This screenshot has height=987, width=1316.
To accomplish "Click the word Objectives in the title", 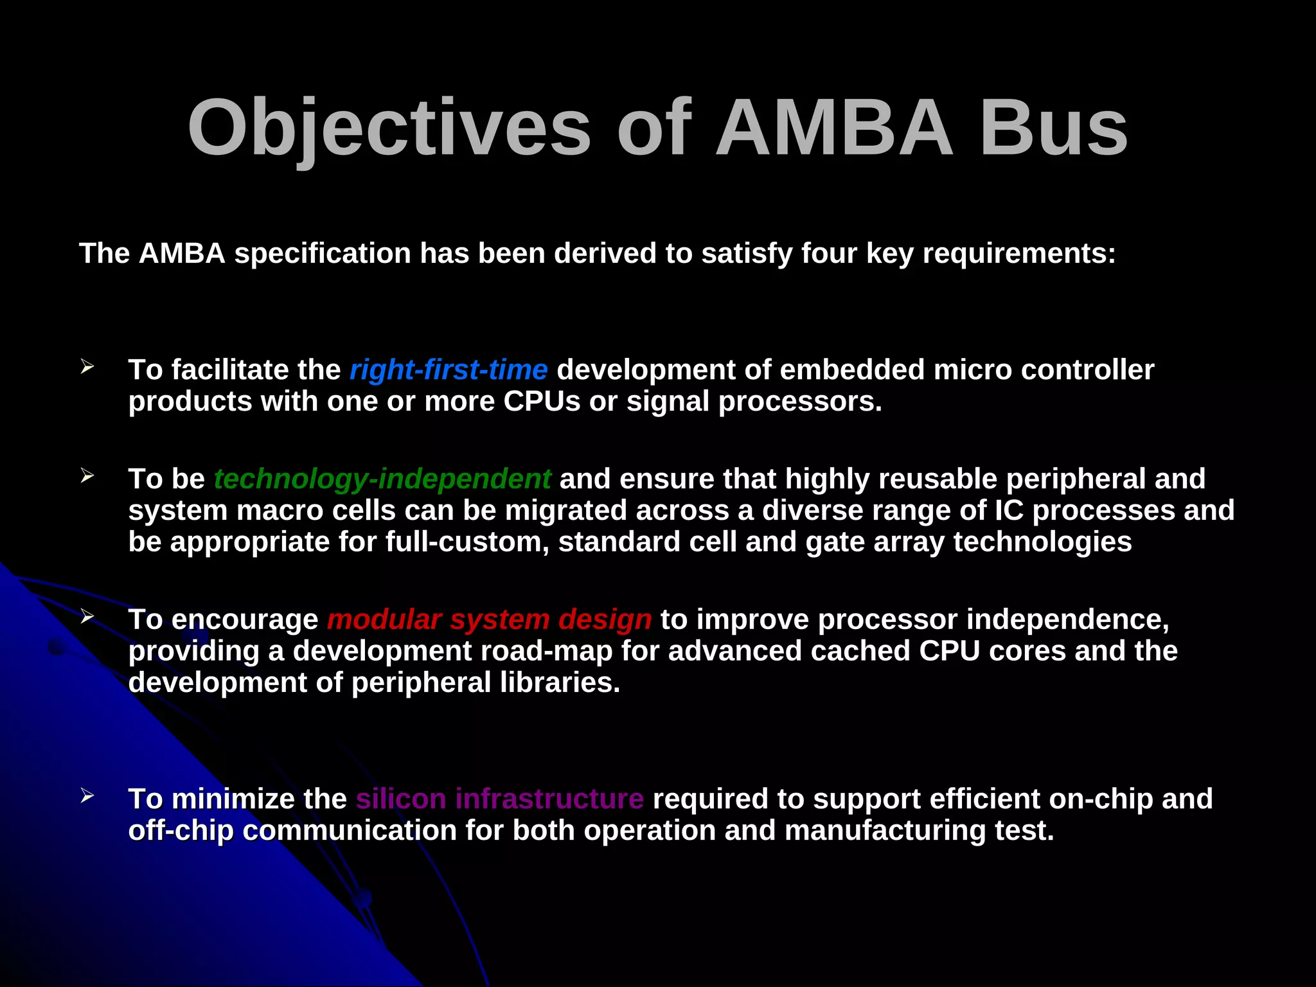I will pos(389,129).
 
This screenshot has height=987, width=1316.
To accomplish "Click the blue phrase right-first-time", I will pos(449,370).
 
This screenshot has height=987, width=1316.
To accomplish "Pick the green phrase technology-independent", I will pos(382,479).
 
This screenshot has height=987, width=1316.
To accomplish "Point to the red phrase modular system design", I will pos(489,619).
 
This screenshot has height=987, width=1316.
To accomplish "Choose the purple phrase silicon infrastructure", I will pos(499,799).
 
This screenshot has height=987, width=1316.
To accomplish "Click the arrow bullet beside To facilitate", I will pos(87,367).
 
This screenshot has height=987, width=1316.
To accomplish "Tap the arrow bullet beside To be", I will pos(87,476).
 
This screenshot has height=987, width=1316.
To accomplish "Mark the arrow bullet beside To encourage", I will pos(87,617).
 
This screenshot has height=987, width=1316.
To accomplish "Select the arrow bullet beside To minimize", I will pos(87,796).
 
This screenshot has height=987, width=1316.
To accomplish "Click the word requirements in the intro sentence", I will pos(1018,254).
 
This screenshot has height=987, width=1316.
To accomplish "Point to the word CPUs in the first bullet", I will pos(542,402).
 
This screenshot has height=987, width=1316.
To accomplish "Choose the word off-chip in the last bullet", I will pos(181,830).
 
